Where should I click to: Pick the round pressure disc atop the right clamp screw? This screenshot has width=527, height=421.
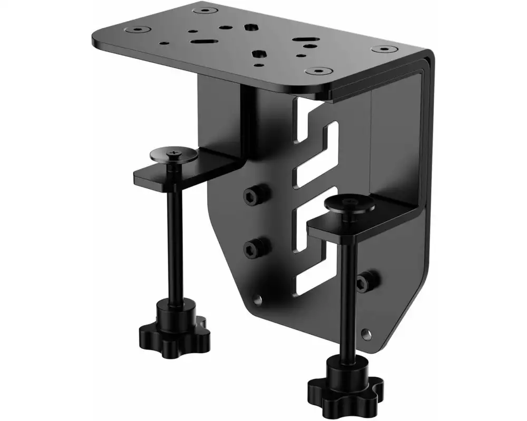(349, 204)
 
